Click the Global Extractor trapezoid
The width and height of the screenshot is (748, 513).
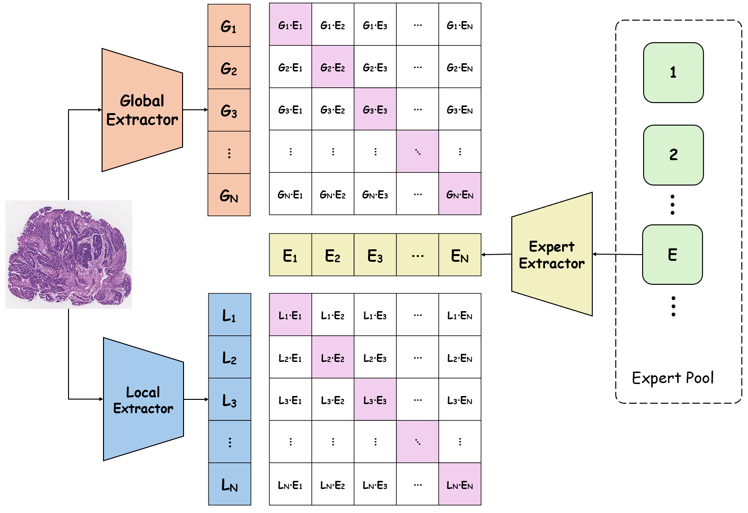(x=142, y=110)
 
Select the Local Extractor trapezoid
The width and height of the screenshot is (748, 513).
(x=143, y=399)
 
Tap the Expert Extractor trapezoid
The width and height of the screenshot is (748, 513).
(x=552, y=255)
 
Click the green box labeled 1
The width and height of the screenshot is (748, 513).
(x=673, y=72)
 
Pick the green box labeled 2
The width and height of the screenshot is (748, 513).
(x=673, y=155)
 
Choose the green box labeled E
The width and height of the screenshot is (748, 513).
(x=672, y=255)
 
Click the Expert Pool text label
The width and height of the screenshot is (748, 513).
(x=673, y=378)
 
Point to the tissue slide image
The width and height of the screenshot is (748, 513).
(x=69, y=254)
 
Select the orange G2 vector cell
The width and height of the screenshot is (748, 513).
(x=229, y=68)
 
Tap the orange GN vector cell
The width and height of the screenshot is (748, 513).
(x=229, y=195)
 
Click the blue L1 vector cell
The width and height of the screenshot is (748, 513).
(x=230, y=315)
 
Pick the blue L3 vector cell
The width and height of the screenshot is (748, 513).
(x=230, y=400)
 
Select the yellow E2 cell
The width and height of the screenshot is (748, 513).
(x=333, y=255)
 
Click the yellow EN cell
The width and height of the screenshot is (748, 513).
(x=460, y=255)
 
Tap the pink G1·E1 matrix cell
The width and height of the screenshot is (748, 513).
(x=290, y=25)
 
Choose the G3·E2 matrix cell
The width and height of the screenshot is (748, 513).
(x=333, y=110)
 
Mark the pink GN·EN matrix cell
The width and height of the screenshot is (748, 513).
(x=460, y=194)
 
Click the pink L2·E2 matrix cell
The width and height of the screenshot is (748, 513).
(x=333, y=358)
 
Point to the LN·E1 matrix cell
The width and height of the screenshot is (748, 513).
(x=290, y=485)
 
